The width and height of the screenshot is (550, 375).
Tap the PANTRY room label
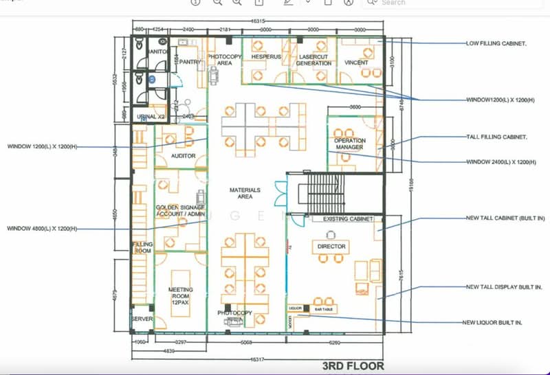click(191, 62)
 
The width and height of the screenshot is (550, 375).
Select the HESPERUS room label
click(266, 56)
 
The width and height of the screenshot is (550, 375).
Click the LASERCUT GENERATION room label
click(313, 60)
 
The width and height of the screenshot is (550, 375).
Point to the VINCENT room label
click(356, 62)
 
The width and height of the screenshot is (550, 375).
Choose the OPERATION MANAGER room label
click(350, 144)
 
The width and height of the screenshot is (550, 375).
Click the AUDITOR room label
click(184, 156)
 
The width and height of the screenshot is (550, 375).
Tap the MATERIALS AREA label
click(245, 192)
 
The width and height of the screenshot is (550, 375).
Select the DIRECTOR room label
click(331, 245)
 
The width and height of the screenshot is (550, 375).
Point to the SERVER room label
click(142, 319)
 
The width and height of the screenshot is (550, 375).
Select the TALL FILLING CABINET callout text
click(496, 137)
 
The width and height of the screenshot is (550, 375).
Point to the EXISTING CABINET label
click(347, 219)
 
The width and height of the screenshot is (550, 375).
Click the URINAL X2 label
click(151, 117)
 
